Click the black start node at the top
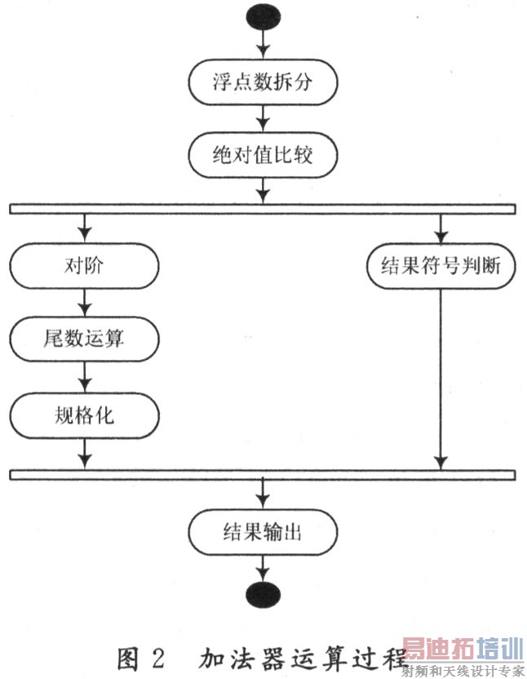pos(262,16)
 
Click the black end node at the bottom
pos(262,594)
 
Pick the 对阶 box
pos(84,267)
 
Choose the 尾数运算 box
pos(84,338)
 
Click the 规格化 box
pos(84,416)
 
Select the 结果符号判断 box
pos(441,267)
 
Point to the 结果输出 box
pos(262,534)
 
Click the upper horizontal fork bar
pos(262,209)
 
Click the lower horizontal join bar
pos(262,475)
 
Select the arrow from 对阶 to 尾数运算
pos(84,302)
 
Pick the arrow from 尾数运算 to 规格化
pos(84,377)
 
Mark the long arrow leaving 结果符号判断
pos(441,375)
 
